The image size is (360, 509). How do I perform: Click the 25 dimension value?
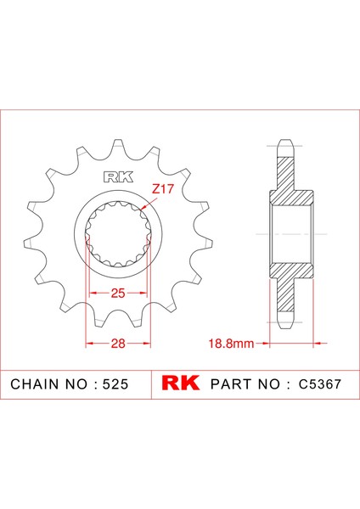pos(118,293)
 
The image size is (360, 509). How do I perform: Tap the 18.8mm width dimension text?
pos(232,344)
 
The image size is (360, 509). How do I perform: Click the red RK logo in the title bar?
pos(179,383)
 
